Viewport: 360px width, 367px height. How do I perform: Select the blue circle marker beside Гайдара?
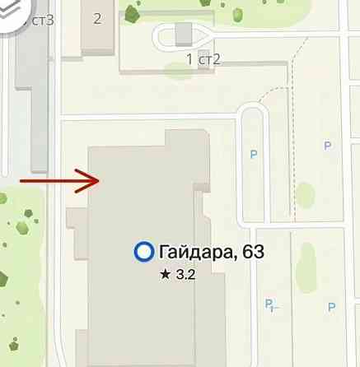tap(144, 253)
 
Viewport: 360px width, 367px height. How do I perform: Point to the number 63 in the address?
tap(250, 253)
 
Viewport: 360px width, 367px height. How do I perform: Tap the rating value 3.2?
tap(185, 276)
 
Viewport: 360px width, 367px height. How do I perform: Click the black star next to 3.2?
tap(166, 276)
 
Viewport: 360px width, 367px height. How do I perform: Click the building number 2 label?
tap(97, 19)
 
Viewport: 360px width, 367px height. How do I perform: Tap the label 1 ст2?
tap(203, 58)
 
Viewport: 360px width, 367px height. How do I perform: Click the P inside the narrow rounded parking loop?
tap(254, 152)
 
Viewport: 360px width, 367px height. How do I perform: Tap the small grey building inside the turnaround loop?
tap(184, 32)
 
